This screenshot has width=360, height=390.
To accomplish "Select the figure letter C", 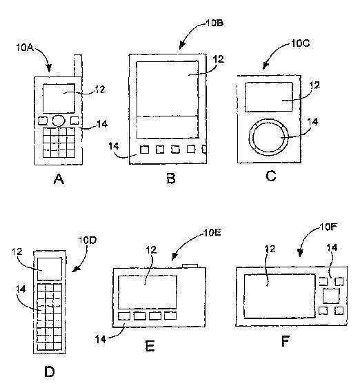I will coord(270,176).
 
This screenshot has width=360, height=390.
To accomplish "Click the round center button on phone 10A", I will coord(59,121).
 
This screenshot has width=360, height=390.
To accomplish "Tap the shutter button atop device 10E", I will coord(190,266).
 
